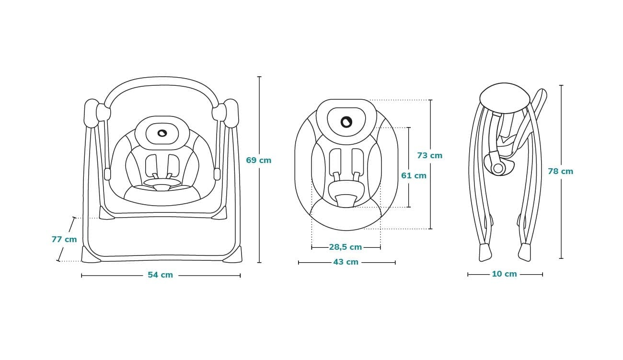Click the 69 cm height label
(x=258, y=160)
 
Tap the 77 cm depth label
(x=64, y=239)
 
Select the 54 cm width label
(x=160, y=275)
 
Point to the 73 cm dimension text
(x=429, y=155)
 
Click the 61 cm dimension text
(x=414, y=175)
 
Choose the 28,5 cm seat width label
(x=345, y=247)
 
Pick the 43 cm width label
(x=346, y=262)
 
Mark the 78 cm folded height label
(x=560, y=171)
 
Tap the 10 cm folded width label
(x=504, y=274)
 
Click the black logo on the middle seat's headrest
(x=346, y=122)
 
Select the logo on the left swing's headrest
(x=162, y=133)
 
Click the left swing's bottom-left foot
(x=90, y=255)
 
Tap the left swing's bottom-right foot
(x=233, y=255)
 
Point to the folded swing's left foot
(x=485, y=252)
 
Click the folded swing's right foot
(x=524, y=252)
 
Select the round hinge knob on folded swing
(x=498, y=168)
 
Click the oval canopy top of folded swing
(x=505, y=98)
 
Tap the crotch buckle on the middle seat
(x=346, y=200)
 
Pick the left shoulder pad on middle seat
(x=335, y=161)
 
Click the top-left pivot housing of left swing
(x=92, y=113)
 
